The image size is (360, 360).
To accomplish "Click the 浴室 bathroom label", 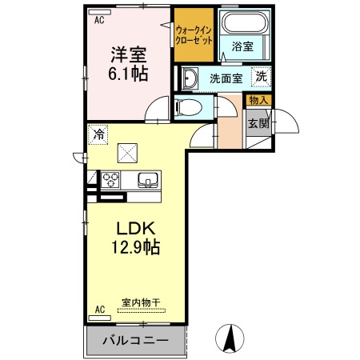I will [242, 47].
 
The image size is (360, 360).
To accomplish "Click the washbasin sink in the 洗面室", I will [191, 78].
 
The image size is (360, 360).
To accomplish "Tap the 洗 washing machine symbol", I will [261, 77].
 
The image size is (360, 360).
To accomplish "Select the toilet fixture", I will [183, 107].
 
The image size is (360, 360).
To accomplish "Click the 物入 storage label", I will [259, 100].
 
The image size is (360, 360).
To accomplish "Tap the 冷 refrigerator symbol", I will [99, 135].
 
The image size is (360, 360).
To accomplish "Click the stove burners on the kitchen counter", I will [110, 178].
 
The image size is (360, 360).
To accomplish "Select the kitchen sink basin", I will [149, 178].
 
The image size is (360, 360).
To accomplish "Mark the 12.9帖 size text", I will [134, 247].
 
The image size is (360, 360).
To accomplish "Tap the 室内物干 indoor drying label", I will [141, 302].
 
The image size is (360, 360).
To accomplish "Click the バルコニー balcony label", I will [135, 340].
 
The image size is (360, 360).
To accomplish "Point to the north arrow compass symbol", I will [229, 338].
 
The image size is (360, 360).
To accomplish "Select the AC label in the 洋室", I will [99, 22].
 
